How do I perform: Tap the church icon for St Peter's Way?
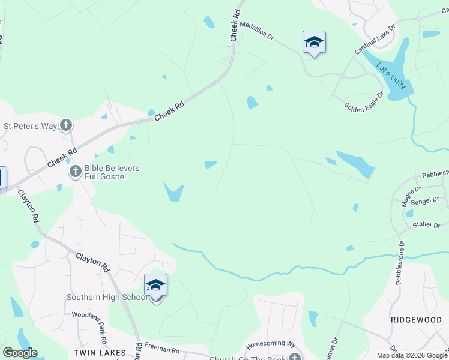(x=67, y=126)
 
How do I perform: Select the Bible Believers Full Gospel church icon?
(x=76, y=172)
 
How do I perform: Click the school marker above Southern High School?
(x=155, y=285)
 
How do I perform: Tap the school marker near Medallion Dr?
(x=314, y=42)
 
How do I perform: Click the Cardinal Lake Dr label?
(x=375, y=40)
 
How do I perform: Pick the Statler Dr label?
(x=427, y=226)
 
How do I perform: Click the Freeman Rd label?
(x=162, y=347)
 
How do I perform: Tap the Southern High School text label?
(x=107, y=297)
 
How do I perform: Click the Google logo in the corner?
(x=20, y=353)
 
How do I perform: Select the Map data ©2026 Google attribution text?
(x=411, y=355)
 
